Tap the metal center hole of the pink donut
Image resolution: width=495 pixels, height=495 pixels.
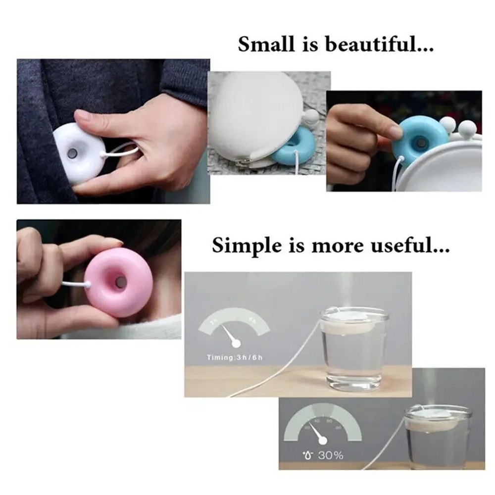121,282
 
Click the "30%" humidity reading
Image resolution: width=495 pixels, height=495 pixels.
330,455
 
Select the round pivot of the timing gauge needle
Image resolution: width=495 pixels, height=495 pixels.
236,343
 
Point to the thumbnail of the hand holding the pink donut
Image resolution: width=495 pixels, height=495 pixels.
99,280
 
